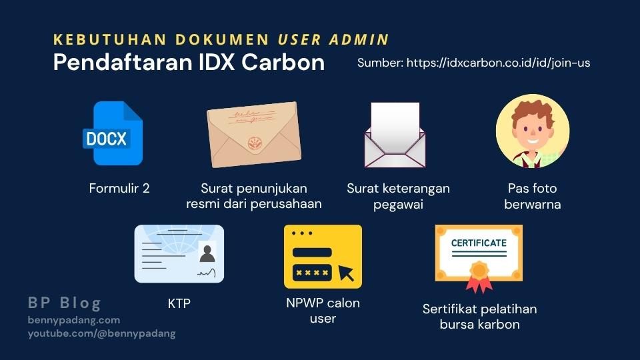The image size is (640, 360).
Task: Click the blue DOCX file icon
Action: pos(113,133)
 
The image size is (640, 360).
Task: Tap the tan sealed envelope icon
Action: pos(254,134)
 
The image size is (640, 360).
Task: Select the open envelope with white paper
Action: pos(395,135)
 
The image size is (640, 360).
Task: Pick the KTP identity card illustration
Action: pos(179,253)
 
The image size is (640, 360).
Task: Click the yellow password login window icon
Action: pos(323,256)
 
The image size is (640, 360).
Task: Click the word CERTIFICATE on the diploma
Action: pos(479,243)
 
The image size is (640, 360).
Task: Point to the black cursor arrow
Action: pos(346,273)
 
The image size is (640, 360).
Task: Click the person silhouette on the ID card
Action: pos(207,253)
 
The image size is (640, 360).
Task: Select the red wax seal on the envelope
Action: pos(255,143)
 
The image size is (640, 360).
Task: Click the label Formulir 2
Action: pos(119,188)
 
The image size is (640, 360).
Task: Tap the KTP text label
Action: pos(179,303)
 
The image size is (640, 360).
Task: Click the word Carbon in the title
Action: pos(283,62)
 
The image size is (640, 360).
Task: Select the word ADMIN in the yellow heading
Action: pos(359,39)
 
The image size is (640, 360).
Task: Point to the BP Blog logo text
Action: pos(65,303)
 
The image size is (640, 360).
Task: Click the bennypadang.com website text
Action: pos(74,320)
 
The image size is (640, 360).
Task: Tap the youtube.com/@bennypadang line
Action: pos(101,333)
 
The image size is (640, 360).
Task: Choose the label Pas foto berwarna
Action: pos(532,196)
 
